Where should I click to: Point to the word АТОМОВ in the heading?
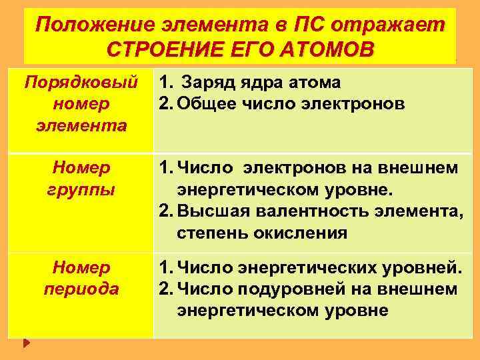[324, 50]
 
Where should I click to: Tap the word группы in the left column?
[81, 189]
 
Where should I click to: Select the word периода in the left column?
[81, 289]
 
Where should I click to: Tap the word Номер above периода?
[81, 268]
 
